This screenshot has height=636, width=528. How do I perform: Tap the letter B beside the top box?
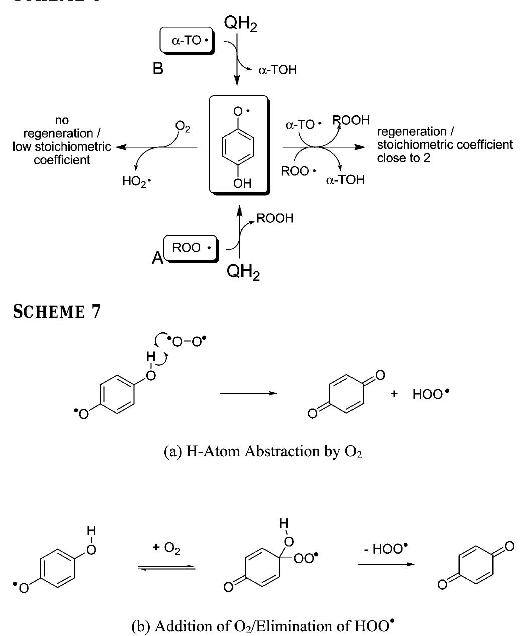[x=158, y=69]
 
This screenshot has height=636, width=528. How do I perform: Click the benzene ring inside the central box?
[x=239, y=147]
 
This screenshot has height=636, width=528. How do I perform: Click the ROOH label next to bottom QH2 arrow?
[x=275, y=218]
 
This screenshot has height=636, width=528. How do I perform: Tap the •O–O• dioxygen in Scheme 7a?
[x=190, y=341]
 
